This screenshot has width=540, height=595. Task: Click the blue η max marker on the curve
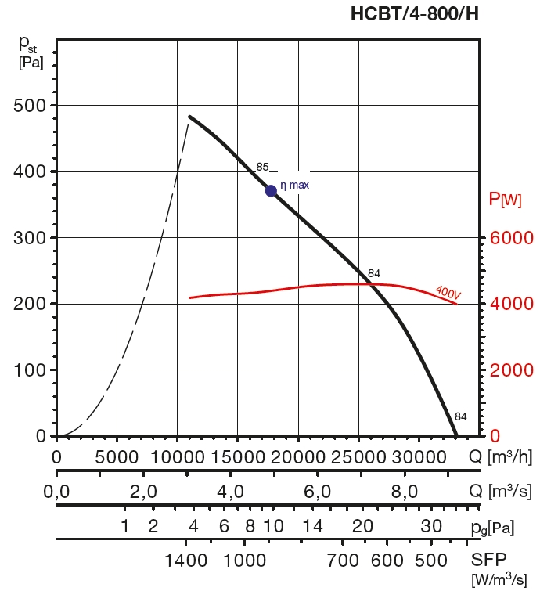click(x=271, y=190)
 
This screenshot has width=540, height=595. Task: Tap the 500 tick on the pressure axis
click(x=29, y=106)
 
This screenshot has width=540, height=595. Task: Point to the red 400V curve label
click(x=448, y=292)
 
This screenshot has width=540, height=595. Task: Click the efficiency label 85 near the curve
click(x=262, y=167)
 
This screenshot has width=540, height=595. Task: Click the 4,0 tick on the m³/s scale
click(x=232, y=492)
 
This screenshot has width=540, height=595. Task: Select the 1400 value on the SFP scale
click(x=186, y=561)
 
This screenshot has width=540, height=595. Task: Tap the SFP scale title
click(x=489, y=561)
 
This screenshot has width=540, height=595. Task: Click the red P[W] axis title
click(x=505, y=200)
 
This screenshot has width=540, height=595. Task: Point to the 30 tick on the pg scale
click(x=431, y=527)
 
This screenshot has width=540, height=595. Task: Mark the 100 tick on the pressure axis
click(x=29, y=370)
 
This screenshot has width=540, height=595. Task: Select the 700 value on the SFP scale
click(x=343, y=561)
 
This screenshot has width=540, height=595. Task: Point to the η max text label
click(x=295, y=186)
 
